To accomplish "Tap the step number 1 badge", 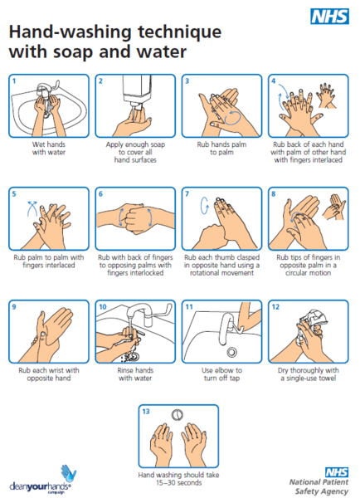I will coord(14,81).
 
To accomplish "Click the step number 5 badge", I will coord(14,194).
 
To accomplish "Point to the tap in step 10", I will coord(143,318).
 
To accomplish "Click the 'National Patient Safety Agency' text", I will coord(317,485).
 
